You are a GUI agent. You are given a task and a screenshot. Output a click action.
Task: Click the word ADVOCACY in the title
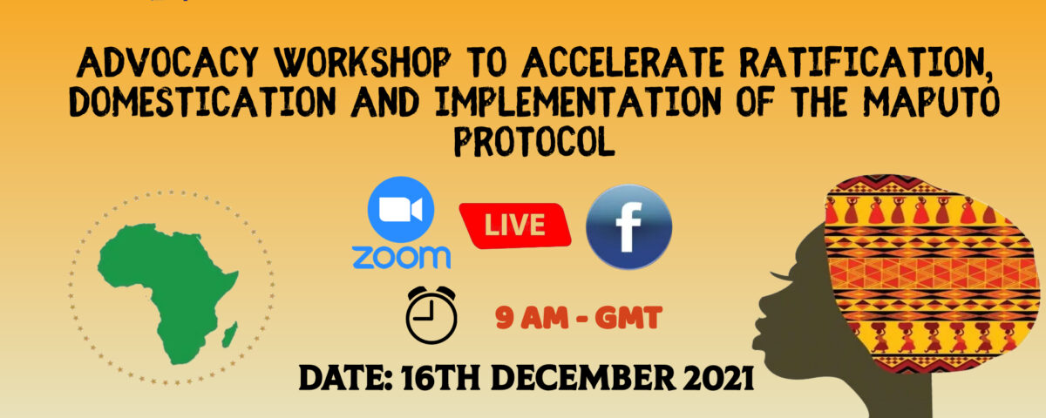(167, 62)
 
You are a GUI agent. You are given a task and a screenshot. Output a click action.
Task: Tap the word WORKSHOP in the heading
(363, 62)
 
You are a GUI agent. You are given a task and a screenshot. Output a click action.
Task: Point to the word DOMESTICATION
(202, 101)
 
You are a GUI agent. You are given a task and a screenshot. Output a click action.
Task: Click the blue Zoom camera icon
(401, 210)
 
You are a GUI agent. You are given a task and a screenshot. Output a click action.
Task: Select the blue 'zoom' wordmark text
(401, 257)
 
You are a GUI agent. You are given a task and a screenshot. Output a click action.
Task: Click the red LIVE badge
(515, 226)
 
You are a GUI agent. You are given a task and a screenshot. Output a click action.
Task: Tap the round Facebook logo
(629, 227)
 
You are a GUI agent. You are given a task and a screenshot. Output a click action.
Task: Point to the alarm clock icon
(431, 315)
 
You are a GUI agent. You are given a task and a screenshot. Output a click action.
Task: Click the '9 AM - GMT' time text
(579, 318)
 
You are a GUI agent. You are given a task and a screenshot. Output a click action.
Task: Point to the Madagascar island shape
(229, 334)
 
